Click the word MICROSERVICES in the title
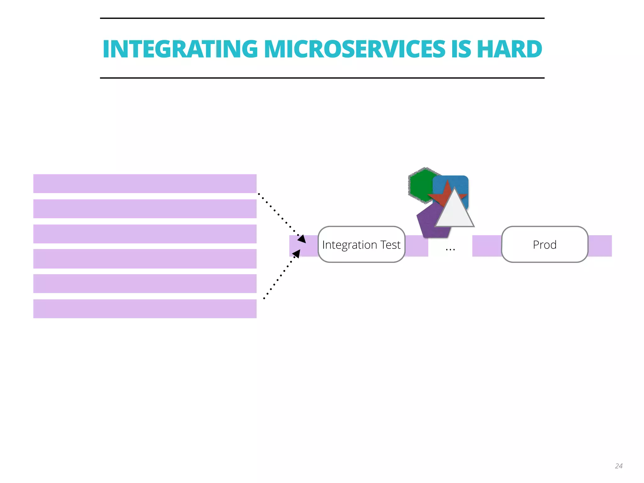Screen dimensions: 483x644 (x=354, y=49)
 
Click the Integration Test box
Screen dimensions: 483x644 (x=361, y=244)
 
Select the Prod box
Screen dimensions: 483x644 (x=545, y=244)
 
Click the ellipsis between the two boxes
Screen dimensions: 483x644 (x=450, y=250)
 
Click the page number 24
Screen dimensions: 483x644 (x=619, y=466)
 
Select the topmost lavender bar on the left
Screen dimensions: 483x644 (x=145, y=184)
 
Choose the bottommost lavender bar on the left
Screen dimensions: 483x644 (x=145, y=309)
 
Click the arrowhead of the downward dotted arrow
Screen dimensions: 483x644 (x=302, y=239)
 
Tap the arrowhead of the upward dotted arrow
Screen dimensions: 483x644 (x=297, y=253)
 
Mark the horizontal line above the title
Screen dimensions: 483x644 (x=322, y=18)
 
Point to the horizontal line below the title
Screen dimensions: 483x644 (x=322, y=78)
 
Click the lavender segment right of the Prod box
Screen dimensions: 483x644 (x=600, y=246)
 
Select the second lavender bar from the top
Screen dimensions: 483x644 (x=145, y=209)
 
